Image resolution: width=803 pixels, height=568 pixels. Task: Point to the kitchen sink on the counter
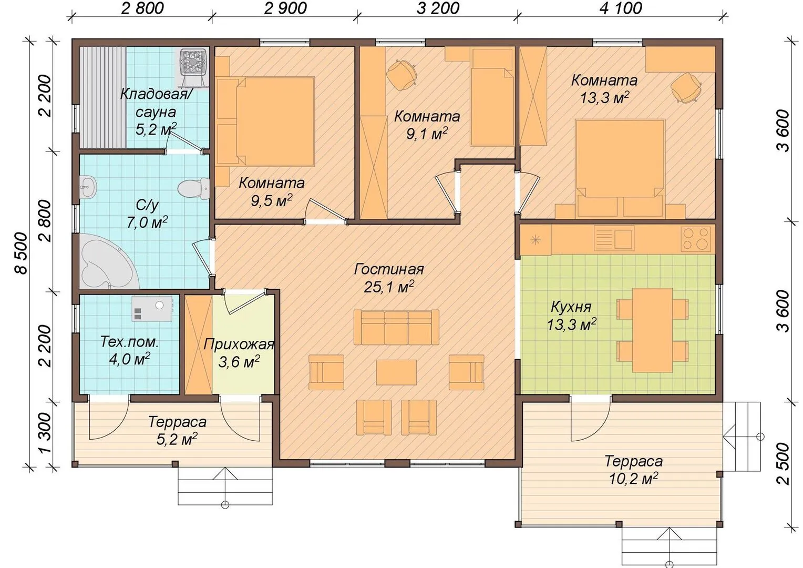pos(614,238)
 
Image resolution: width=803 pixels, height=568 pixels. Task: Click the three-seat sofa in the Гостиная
pos(396,327)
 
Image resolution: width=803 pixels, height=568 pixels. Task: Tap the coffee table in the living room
pos(396,372)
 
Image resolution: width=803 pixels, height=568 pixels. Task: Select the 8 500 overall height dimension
pos(22,253)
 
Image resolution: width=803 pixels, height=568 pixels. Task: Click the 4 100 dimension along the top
pos(621,8)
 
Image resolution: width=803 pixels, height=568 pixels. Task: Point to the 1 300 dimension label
pos(45,433)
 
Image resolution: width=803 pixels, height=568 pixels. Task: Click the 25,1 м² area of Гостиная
pos(389,287)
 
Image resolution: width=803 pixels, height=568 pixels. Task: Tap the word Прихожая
pos(239,344)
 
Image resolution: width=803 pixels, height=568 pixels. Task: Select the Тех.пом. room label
pos(129,342)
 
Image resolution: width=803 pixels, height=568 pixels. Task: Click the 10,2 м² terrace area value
pos(633,478)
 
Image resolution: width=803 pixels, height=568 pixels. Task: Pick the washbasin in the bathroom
pos(88,187)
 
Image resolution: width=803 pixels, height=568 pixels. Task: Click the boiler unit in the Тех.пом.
pos(152,309)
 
